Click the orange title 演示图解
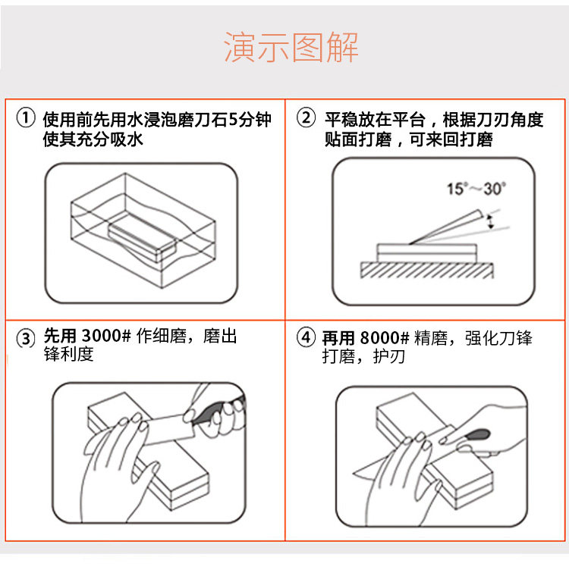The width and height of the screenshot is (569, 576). click(291, 48)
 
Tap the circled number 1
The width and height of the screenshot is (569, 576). click(26, 118)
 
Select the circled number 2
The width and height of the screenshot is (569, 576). click(306, 118)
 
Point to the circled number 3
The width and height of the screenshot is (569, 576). click(26, 338)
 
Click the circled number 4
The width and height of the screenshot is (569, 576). click(306, 337)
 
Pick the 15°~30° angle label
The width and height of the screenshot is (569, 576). click(476, 189)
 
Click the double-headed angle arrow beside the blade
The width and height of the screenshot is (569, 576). click(490, 222)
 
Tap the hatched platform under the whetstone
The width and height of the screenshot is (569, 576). click(426, 270)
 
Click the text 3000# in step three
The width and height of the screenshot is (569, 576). click(106, 336)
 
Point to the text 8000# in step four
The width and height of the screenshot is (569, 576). click(385, 337)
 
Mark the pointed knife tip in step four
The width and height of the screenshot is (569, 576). click(353, 473)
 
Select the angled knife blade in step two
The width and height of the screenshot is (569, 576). click(446, 227)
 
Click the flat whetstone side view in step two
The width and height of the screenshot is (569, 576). click(427, 253)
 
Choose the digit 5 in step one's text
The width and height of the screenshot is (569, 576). click(233, 120)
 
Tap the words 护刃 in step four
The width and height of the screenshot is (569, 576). click(389, 356)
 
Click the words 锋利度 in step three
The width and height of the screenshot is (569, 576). click(68, 354)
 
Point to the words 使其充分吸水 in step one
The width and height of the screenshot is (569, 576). click(93, 139)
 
